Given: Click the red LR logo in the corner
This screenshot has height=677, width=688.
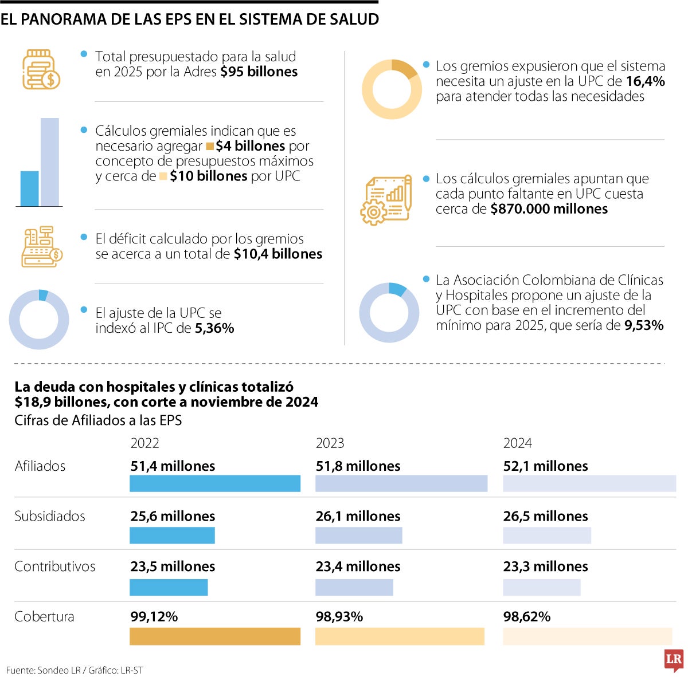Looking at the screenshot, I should point(674,660).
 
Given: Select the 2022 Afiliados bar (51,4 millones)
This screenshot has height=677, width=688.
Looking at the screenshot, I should point(215,483).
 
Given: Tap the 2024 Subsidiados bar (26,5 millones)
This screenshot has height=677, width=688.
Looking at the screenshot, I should point(547,536).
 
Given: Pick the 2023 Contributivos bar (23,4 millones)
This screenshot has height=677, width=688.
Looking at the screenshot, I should point(354,587).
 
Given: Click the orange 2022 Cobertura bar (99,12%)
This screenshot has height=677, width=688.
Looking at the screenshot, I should point(215,636).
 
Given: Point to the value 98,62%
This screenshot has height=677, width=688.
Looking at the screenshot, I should point(527,617).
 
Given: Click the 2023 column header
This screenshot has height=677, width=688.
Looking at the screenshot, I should point(330,443).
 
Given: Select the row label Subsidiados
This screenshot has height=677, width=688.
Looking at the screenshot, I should point(50,516).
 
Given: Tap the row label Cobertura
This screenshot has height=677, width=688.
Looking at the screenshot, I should point(44,617).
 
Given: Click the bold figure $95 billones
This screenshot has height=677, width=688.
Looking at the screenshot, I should point(259,72).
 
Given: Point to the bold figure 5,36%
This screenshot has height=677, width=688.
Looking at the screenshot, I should point(214,328).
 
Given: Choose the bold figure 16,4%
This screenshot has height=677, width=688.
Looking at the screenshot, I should point(646,81).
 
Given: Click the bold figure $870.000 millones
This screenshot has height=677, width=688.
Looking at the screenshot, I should point(549,209).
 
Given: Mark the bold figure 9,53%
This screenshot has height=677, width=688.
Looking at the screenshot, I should point(644,325).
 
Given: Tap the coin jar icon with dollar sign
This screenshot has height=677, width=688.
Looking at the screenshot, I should point(41,70).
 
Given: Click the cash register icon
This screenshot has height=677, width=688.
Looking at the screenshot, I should point(41,247).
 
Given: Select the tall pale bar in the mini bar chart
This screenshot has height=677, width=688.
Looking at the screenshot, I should point(50,162).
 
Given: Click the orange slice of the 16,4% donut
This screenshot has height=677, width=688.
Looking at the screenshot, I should point(405,68).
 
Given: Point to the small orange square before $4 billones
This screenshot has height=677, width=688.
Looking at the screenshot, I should point(210,147).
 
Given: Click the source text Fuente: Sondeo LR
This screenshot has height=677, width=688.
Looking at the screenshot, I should point(44,670).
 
